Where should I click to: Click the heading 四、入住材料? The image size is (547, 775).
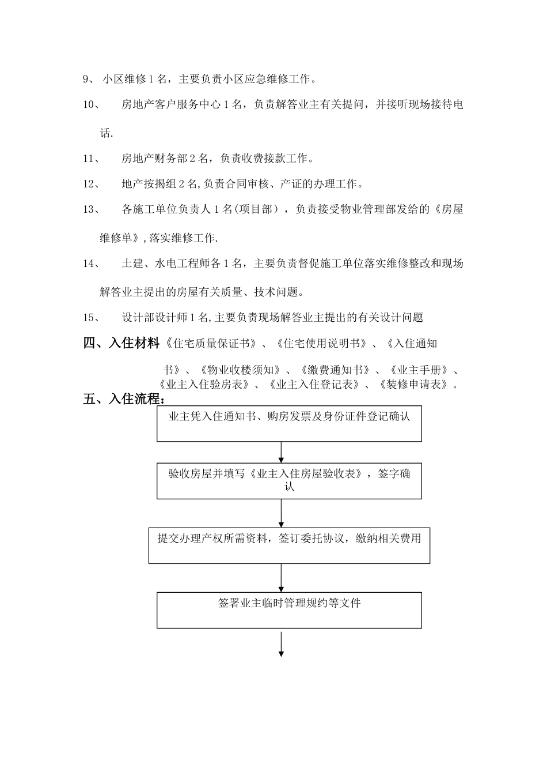[121, 344]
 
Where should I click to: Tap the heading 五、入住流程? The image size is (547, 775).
[124, 399]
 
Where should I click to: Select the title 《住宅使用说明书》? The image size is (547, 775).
[321, 344]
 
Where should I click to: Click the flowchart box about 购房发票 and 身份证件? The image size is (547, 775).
[289, 424]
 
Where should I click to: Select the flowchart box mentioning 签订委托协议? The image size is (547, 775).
[289, 545]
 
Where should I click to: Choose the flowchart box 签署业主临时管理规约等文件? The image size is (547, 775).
[289, 611]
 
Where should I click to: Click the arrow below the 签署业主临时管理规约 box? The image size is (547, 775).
[282, 645]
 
